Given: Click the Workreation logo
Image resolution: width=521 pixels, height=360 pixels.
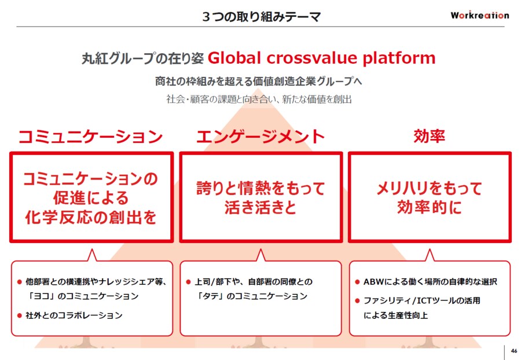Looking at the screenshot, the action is click(x=480, y=15).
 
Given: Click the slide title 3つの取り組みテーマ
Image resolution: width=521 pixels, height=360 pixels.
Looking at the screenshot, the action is click(x=262, y=16).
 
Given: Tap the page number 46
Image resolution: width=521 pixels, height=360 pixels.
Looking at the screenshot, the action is click(x=514, y=351).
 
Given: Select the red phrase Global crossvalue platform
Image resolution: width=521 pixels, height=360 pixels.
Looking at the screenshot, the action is click(x=322, y=58).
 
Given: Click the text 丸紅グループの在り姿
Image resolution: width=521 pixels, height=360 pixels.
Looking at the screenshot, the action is click(x=143, y=58).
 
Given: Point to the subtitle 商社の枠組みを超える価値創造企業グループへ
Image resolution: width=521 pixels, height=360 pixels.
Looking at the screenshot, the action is click(x=259, y=81).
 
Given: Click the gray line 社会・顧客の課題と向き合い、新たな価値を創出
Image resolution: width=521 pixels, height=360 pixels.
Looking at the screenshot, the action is click(x=259, y=99).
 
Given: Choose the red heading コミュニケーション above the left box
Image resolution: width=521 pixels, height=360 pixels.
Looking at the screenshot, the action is click(x=91, y=137).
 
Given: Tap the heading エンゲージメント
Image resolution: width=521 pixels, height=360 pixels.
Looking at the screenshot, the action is click(x=260, y=137).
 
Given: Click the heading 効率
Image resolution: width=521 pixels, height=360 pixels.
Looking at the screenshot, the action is click(x=430, y=136).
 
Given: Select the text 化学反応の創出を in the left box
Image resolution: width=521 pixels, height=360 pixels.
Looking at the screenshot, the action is click(x=91, y=218).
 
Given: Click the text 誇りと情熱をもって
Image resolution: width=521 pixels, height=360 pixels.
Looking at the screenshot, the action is click(x=261, y=188).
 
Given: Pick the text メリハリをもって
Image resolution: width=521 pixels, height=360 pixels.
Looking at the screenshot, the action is click(x=430, y=188).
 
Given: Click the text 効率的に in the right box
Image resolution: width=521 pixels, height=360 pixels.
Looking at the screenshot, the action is click(x=430, y=207).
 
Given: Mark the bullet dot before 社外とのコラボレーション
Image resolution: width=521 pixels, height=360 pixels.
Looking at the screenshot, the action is click(x=20, y=315).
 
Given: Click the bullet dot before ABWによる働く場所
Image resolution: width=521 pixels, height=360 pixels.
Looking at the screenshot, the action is click(x=358, y=282).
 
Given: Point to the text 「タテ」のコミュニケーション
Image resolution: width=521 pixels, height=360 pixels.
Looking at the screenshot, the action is click(x=252, y=296).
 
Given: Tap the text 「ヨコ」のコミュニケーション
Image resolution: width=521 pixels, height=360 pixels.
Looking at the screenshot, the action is click(x=83, y=296).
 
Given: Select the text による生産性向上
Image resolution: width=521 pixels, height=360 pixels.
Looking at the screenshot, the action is click(x=395, y=315).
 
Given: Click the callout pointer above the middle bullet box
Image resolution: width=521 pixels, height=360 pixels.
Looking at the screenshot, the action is click(x=261, y=255).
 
